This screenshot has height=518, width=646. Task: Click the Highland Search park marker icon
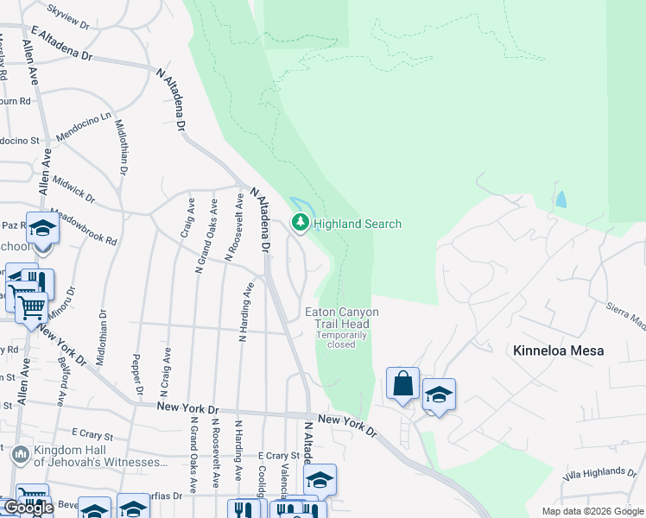[300, 224]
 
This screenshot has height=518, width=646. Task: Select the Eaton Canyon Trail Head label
[341, 318]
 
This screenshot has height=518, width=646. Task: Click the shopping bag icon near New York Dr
[403, 383]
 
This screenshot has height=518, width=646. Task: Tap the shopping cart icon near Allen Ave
[31, 306]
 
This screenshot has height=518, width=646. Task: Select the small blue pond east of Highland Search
[562, 199]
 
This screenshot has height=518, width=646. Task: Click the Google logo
[28, 508]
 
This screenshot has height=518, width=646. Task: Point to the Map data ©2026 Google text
[592, 511]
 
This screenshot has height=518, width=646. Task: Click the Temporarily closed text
[341, 339]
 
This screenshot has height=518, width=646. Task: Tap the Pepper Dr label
[136, 376]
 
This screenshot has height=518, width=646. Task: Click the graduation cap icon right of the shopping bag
[439, 395]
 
